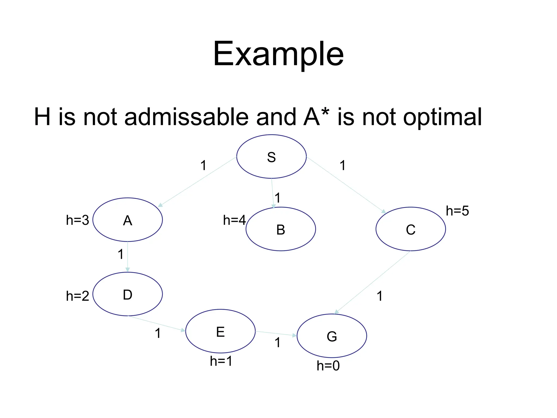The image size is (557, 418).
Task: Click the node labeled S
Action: click(x=271, y=157)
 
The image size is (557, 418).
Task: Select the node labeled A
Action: click(x=128, y=220)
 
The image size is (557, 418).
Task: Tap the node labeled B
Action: click(x=281, y=229)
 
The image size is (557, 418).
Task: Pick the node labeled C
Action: click(x=411, y=229)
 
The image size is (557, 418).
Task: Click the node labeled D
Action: click(x=128, y=294)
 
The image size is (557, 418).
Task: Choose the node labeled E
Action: click(x=221, y=331)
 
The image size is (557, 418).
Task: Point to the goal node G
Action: click(x=332, y=336)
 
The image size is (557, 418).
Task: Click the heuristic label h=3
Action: click(x=78, y=220)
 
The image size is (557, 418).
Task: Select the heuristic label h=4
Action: click(x=234, y=220)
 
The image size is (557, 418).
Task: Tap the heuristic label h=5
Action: click(x=457, y=211)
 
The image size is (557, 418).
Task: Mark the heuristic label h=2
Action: click(x=78, y=296)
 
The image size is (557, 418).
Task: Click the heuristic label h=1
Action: click(x=221, y=361)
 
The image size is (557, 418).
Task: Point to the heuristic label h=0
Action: click(x=328, y=366)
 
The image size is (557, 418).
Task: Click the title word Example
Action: click(x=278, y=54)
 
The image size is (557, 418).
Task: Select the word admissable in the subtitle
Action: click(x=187, y=117)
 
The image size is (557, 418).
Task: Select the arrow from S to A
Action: click(x=197, y=182)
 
